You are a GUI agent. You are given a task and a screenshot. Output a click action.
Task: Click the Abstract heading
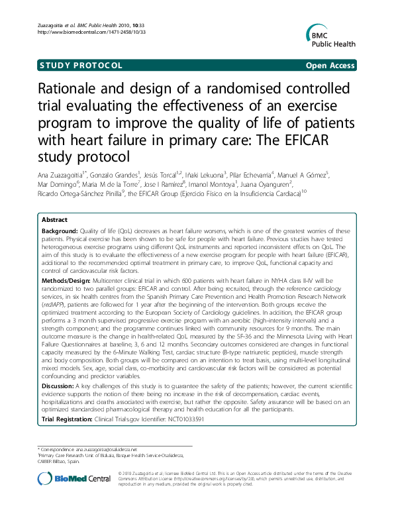[54, 219]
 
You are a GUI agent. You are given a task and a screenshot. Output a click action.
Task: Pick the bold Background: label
[60, 231]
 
